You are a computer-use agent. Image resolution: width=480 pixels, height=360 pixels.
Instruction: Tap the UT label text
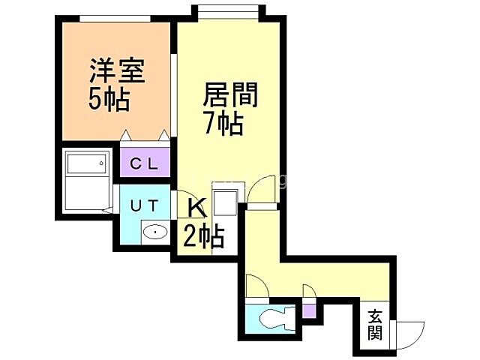click(x=145, y=205)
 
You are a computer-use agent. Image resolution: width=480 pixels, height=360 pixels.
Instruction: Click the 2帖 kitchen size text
click(x=203, y=236)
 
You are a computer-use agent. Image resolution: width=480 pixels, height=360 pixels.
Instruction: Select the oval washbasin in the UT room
click(x=154, y=232)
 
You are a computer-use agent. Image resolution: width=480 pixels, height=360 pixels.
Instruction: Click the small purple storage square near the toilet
click(x=309, y=308)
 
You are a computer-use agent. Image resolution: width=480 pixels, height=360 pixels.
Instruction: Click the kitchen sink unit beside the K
click(x=224, y=202)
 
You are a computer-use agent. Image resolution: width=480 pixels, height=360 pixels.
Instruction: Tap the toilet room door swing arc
click(x=255, y=287)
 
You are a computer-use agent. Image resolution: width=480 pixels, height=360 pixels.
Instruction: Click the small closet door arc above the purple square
click(x=309, y=293)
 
